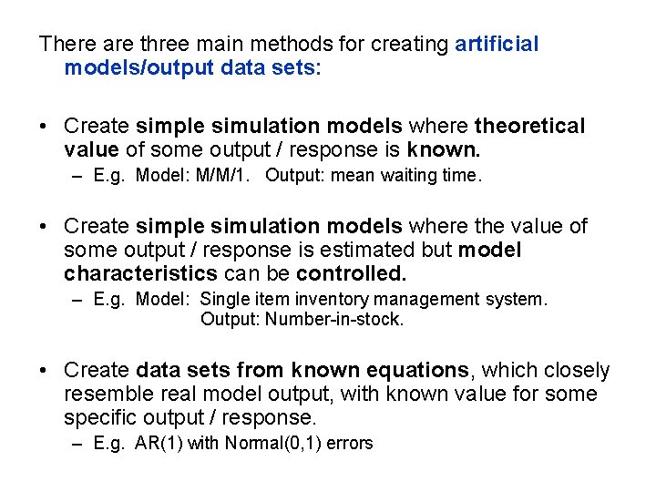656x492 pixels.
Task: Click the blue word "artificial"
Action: point(497,44)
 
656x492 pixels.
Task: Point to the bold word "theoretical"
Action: point(530,126)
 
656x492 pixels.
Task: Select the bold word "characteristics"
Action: point(140,273)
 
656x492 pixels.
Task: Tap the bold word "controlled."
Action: point(351,273)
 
